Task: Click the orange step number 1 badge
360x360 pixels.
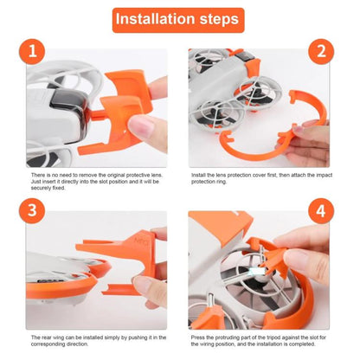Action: click(x=32, y=52)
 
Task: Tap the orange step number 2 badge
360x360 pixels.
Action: click(x=321, y=52)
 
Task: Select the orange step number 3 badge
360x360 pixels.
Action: click(x=32, y=211)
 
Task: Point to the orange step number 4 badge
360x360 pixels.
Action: click(x=321, y=211)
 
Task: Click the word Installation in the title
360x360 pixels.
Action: click(x=155, y=19)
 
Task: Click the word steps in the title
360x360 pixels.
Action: click(x=219, y=20)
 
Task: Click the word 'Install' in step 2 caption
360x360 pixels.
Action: click(x=199, y=175)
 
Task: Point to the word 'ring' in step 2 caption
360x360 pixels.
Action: click(x=221, y=182)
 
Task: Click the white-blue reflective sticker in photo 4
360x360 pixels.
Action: click(x=257, y=271)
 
